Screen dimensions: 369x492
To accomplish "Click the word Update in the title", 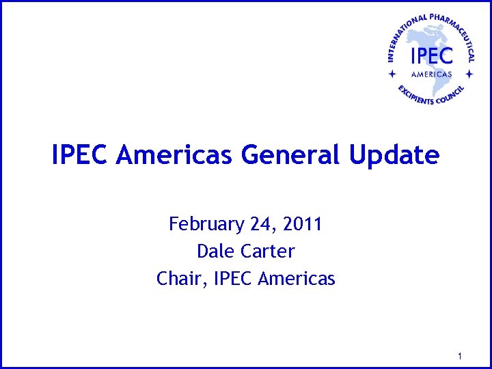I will (x=394, y=155).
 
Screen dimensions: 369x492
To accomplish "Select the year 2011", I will (x=301, y=224).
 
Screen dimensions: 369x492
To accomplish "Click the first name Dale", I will (x=215, y=251).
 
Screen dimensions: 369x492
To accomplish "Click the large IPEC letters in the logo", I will (x=431, y=54).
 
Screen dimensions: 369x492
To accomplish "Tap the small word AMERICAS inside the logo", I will (x=431, y=74).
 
